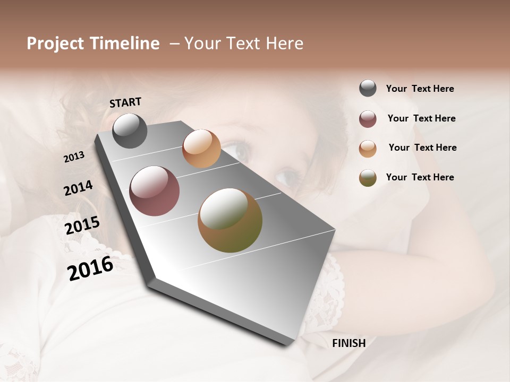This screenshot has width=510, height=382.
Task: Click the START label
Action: [125, 102]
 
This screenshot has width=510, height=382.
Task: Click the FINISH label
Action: [348, 343]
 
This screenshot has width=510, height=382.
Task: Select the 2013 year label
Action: [74, 157]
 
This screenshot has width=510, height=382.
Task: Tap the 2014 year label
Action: [78, 188]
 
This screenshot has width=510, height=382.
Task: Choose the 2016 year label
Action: [90, 268]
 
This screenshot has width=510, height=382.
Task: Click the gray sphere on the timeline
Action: [130, 131]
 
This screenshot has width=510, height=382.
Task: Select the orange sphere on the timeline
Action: [201, 149]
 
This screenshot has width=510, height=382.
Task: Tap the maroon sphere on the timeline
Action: [154, 191]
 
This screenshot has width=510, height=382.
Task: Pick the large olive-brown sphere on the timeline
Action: [230, 220]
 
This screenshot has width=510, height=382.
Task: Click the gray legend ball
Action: [368, 88]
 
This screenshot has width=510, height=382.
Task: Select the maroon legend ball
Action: [368, 119]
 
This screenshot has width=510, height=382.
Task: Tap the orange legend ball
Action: [368, 149]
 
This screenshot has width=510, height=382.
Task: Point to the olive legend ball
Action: [368, 178]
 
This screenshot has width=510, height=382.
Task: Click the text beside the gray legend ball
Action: [420, 89]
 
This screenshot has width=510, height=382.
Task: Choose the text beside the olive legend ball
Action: [420, 177]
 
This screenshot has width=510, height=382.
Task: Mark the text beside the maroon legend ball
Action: [421, 118]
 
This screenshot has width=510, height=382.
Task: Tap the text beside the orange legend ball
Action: [422, 147]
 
